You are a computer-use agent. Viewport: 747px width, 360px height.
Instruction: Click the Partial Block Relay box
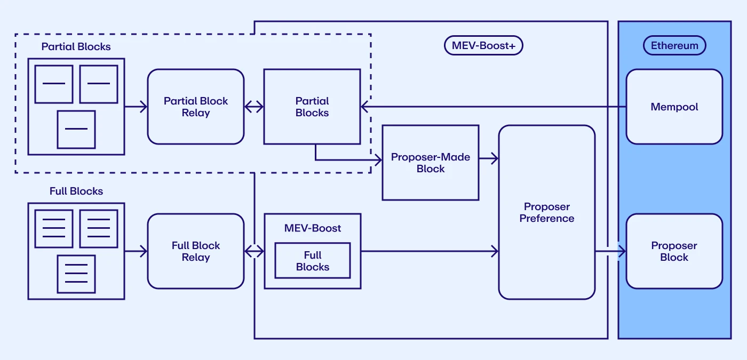click(195, 107)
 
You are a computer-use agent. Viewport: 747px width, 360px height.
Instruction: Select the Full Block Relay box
click(195, 251)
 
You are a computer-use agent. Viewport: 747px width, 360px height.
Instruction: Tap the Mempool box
click(674, 107)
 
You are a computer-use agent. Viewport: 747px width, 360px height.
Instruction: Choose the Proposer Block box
click(674, 251)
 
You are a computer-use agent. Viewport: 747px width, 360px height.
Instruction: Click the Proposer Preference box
click(546, 212)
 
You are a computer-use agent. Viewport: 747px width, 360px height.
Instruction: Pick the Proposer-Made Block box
click(430, 163)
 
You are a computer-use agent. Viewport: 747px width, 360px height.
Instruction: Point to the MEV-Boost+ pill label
click(483, 46)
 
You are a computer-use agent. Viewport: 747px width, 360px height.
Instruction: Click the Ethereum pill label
click(674, 46)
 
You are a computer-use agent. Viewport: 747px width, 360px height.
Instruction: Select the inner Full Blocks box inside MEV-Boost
click(313, 261)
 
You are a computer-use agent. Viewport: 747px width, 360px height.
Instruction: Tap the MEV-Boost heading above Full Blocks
click(313, 228)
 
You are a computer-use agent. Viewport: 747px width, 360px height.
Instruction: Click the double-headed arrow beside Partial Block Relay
click(254, 107)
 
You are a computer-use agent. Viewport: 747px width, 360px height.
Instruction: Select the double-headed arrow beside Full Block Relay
click(254, 251)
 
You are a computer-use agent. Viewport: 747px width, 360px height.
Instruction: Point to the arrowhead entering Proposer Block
click(622, 251)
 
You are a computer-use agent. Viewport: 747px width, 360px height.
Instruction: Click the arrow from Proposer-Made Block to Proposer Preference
click(489, 158)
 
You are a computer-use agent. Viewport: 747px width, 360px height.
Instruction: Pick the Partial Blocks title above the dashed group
click(76, 47)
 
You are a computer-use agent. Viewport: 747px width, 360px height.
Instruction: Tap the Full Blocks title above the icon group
click(76, 191)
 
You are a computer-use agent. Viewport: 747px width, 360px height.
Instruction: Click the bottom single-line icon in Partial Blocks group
click(76, 129)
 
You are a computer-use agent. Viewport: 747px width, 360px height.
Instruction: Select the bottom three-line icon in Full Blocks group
click(76, 274)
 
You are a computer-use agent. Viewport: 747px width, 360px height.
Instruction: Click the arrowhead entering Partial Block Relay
click(144, 107)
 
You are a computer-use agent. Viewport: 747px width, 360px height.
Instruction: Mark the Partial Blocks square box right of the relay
click(312, 107)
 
